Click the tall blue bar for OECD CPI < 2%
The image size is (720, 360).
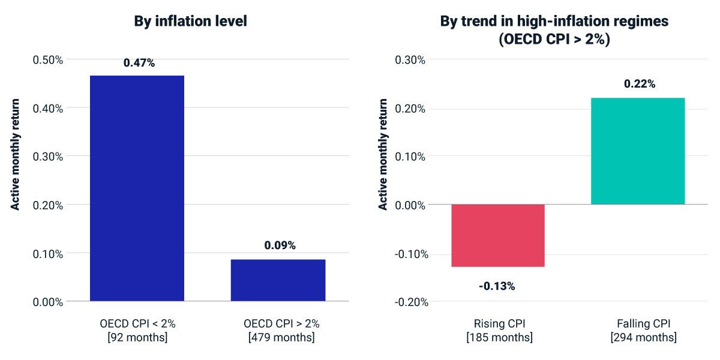[x=137, y=188]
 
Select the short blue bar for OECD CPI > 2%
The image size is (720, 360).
[x=278, y=280]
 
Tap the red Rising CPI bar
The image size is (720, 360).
[x=498, y=236]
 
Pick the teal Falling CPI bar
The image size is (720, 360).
[x=638, y=151]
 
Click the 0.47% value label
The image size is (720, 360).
[x=139, y=62]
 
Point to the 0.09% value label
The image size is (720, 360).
[x=280, y=245]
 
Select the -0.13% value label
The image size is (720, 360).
[x=497, y=286]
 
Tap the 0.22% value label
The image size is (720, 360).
[x=640, y=84]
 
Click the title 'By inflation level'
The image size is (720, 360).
[x=191, y=21]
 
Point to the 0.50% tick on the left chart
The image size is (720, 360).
[x=48, y=60]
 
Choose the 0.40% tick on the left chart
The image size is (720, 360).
[x=48, y=109]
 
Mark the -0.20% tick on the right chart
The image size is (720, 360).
[x=412, y=302]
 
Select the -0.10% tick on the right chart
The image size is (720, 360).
[x=412, y=254]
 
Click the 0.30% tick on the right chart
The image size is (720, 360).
[x=410, y=60]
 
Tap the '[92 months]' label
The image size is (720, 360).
[x=137, y=337]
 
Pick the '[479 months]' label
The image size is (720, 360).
[x=281, y=337]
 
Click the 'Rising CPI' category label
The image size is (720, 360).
[x=499, y=323]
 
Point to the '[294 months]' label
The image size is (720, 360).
[x=644, y=337]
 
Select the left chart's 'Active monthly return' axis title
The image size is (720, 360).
[x=15, y=155]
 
